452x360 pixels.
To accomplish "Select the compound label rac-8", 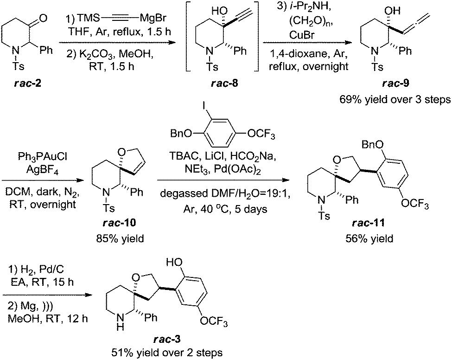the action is (x=224, y=84).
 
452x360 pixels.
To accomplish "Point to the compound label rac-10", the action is (x=119, y=222).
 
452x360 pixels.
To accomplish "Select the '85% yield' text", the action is (x=120, y=238).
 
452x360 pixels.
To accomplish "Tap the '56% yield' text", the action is (x=369, y=238).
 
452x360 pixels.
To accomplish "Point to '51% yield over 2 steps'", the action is (x=167, y=353).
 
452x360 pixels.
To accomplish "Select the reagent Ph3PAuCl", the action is (x=42, y=156).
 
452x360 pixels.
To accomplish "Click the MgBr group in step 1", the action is (x=153, y=18).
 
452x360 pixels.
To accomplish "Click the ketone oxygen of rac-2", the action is (x=43, y=18).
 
